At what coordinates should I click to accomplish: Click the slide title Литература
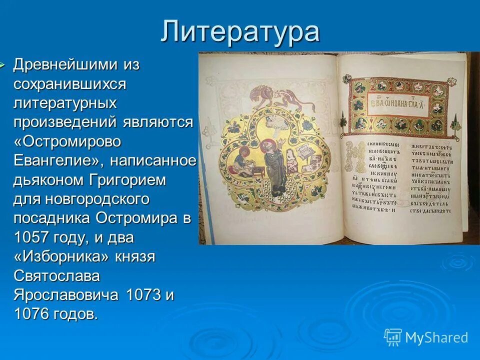click(240, 31)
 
